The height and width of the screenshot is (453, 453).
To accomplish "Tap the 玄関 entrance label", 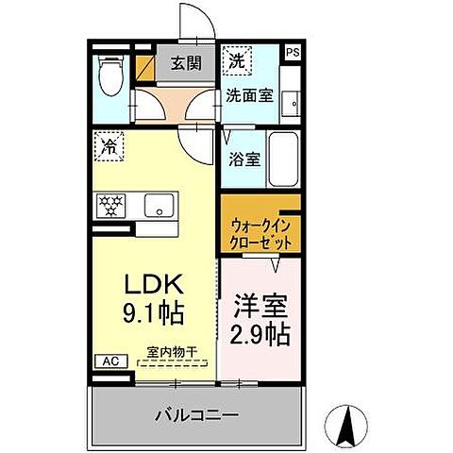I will point(186,64).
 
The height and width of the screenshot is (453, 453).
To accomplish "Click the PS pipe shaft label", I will point(293,54).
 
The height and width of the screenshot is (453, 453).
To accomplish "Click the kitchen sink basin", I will point(159,203).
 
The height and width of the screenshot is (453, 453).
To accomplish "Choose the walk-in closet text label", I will point(260,234).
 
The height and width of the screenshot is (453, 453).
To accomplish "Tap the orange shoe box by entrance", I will point(146,67).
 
